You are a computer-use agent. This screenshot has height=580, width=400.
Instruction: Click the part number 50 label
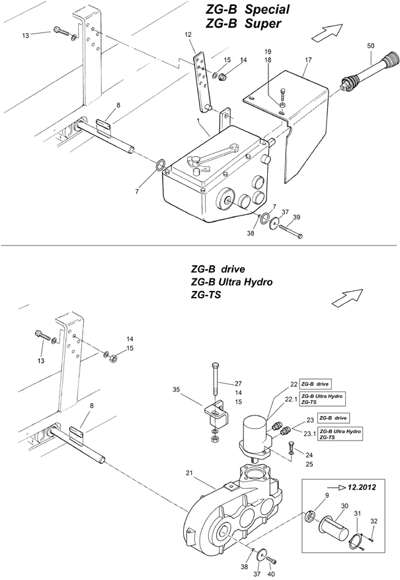pyautogui.click(x=370, y=46)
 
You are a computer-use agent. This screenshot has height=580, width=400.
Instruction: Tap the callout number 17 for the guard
pyautogui.click(x=308, y=60)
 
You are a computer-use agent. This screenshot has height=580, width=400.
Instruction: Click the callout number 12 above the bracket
pyautogui.click(x=188, y=34)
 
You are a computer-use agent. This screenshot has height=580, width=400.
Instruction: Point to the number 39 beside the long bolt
pyautogui.click(x=296, y=217)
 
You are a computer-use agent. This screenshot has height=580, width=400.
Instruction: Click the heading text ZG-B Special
pyautogui.click(x=247, y=9)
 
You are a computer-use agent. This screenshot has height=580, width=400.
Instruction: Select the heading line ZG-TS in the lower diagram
pyautogui.click(x=206, y=295)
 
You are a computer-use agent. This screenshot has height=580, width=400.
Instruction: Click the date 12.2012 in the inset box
pyautogui.click(x=362, y=487)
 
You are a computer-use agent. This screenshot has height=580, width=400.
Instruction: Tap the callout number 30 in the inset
pyautogui.click(x=344, y=506)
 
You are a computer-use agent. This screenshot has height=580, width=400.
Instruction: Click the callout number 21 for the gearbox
pyautogui.click(x=189, y=473)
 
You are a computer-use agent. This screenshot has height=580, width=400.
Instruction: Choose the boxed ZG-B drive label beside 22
pyautogui.click(x=315, y=384)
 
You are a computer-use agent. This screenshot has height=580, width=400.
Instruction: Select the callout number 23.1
pyautogui.click(x=309, y=434)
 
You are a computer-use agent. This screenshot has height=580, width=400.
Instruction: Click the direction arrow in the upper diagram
pyautogui.click(x=327, y=32)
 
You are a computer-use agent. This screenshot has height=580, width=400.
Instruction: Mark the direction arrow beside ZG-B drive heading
pyautogui.click(x=347, y=298)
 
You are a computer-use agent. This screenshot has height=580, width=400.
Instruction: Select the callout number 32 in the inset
pyautogui.click(x=374, y=521)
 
